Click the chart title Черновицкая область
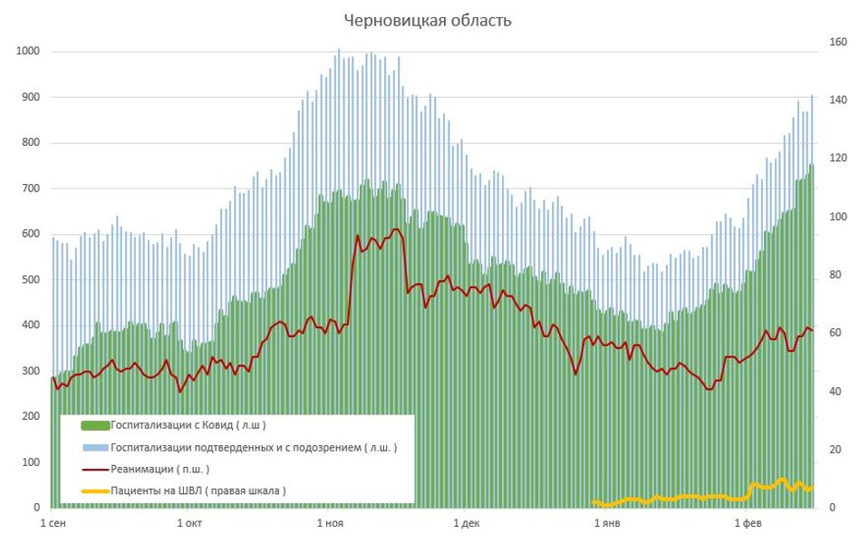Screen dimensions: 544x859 click(428, 21)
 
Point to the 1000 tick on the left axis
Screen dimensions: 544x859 click(29, 52)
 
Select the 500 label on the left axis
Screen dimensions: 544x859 click(32, 280)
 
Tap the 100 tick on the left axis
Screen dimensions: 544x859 click(32, 462)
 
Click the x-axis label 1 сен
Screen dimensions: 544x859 click(53, 523)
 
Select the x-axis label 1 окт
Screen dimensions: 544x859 click(189, 523)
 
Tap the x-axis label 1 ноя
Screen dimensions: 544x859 click(330, 523)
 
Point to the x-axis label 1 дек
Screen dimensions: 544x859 click(466, 523)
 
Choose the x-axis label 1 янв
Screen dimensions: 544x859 click(606, 523)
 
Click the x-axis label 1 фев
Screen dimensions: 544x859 click(748, 523)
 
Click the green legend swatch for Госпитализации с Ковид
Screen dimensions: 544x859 click(95, 425)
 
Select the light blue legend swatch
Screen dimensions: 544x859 click(95, 448)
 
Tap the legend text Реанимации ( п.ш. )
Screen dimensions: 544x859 click(159, 470)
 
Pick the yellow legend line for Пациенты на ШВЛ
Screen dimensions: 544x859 click(95, 491)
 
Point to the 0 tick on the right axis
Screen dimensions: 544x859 click(833, 508)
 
